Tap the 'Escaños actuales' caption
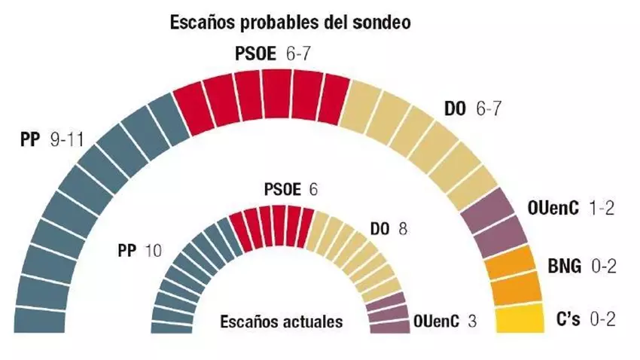pyautogui.click(x=281, y=321)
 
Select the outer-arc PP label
pyautogui.click(x=31, y=140)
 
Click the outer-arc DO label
pyautogui.click(x=455, y=108)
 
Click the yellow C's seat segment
pyautogui.click(x=520, y=317)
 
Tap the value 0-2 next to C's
pyautogui.click(x=602, y=319)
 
